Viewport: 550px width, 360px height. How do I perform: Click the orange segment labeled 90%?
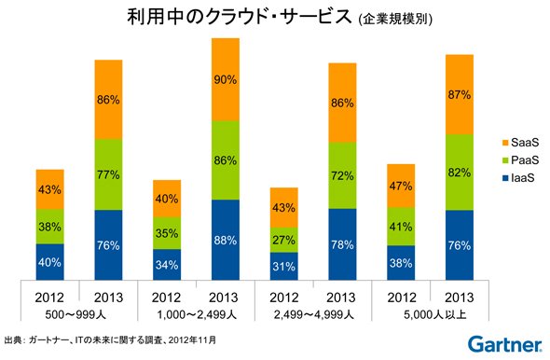(226, 79)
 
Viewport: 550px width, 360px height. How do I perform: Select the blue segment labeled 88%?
(226, 240)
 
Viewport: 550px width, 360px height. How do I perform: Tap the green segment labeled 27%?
(284, 240)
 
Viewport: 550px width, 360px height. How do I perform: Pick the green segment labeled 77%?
(108, 174)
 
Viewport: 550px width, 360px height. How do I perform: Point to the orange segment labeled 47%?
(401, 186)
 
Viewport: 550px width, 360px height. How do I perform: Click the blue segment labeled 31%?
(284, 267)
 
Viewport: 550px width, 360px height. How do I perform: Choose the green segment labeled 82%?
(460, 173)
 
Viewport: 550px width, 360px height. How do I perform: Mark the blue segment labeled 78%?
(342, 244)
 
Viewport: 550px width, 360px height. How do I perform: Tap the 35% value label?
(167, 233)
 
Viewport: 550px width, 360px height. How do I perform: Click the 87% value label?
(460, 95)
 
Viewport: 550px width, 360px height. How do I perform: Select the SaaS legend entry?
(520, 143)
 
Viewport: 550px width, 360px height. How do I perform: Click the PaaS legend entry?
(520, 160)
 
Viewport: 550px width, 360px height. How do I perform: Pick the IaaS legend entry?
(518, 178)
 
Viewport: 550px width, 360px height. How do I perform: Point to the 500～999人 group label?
(76, 314)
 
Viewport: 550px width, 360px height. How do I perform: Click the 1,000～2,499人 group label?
(197, 314)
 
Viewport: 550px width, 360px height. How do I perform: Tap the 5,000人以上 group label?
(435, 314)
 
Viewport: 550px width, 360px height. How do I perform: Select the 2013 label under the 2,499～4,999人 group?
(341, 298)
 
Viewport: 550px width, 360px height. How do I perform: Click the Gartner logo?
(504, 344)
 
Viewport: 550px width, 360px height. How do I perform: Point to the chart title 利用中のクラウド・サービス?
(239, 17)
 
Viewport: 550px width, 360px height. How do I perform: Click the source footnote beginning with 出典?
(111, 339)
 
